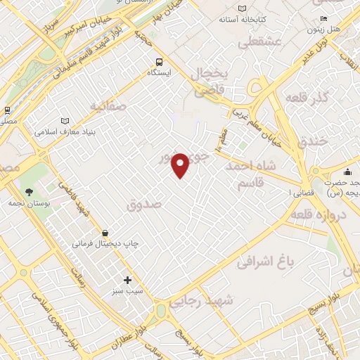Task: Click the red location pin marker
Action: coord(181,165)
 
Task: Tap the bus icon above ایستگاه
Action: coord(160,62)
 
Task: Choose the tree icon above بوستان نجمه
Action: coord(29,192)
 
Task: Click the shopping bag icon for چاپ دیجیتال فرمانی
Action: coord(105,232)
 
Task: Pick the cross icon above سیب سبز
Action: coord(127,280)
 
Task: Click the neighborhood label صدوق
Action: coord(144,204)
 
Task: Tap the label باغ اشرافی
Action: coord(264,264)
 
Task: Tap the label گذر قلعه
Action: coord(313,98)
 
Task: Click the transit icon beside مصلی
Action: coord(7,110)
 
